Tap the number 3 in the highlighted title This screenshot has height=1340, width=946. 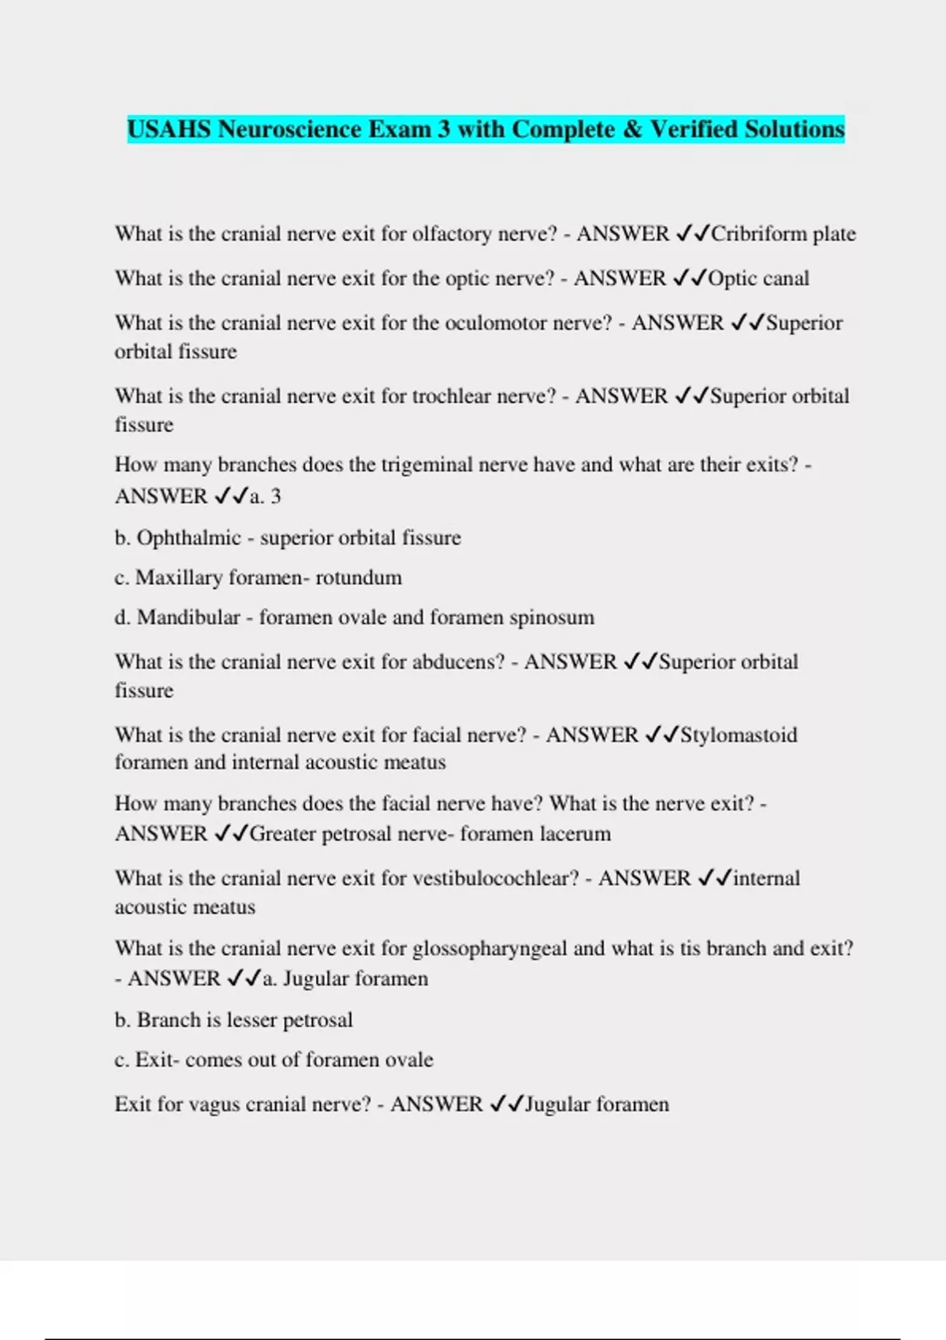click(444, 129)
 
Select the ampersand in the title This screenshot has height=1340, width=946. click(632, 129)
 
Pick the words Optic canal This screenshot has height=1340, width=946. click(758, 278)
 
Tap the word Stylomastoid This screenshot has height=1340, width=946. click(739, 735)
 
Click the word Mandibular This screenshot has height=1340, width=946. click(188, 617)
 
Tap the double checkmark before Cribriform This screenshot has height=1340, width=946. click(693, 234)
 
